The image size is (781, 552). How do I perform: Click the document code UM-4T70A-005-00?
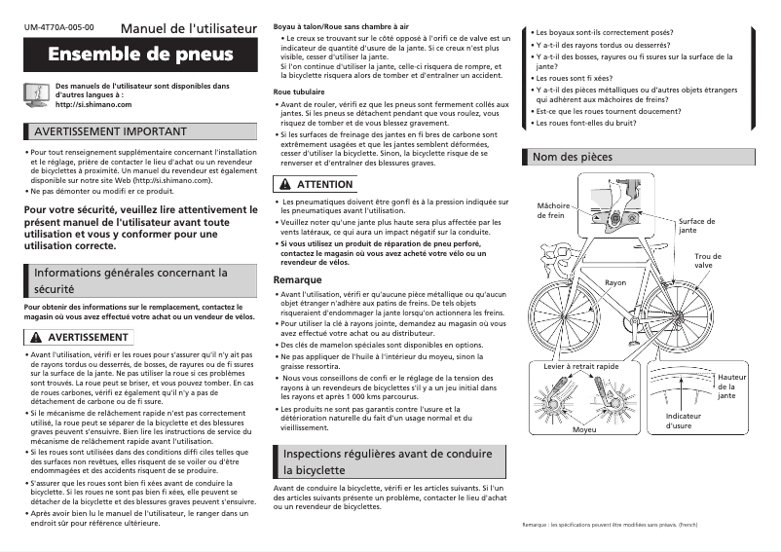(59, 27)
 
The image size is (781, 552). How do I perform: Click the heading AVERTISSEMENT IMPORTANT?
(110, 131)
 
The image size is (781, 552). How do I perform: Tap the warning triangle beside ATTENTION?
(284, 184)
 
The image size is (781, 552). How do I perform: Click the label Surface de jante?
(696, 226)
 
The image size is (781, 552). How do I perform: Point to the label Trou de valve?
(708, 260)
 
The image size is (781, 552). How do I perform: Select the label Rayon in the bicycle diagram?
(615, 281)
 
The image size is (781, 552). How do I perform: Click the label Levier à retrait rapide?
(581, 365)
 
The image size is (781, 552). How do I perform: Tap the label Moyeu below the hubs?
(584, 428)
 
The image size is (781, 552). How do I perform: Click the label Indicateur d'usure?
(684, 421)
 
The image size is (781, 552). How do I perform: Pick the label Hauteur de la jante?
(731, 386)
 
